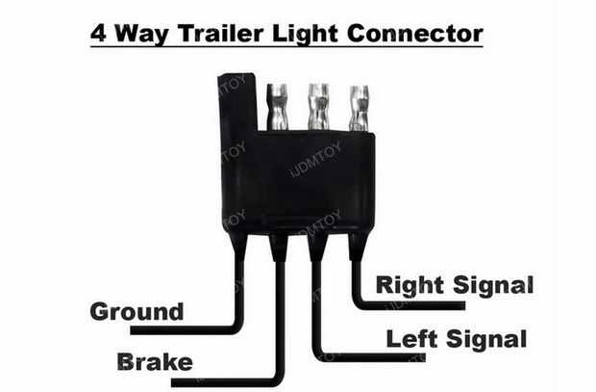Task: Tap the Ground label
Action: [136, 312]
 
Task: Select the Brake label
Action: [154, 362]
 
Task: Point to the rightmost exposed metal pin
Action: [360, 106]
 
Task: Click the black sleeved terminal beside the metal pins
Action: [236, 106]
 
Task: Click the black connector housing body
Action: [298, 183]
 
